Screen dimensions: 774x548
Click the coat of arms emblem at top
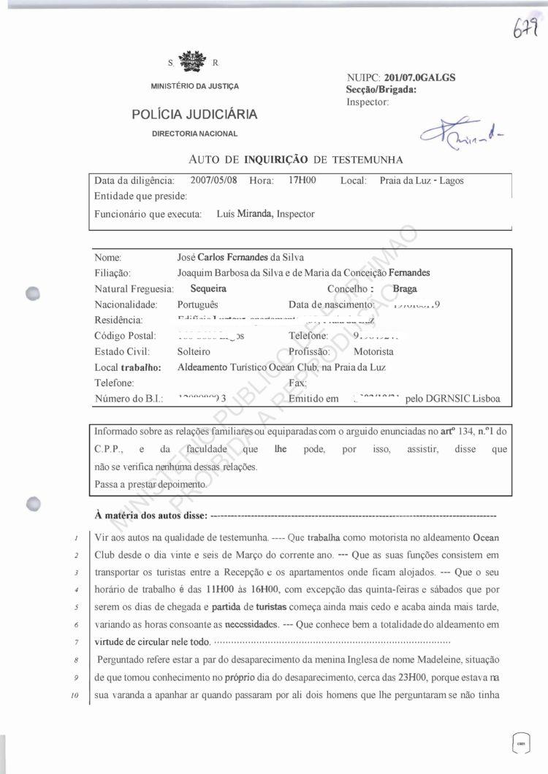(193, 61)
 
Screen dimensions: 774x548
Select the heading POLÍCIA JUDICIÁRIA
(194, 114)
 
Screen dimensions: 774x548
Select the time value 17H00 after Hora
(302, 180)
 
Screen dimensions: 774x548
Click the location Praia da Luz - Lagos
(422, 180)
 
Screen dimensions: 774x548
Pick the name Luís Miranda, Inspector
(266, 214)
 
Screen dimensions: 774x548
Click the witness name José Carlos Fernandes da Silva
(240, 257)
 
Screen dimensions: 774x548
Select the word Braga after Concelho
(405, 288)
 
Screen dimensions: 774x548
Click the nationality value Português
(197, 304)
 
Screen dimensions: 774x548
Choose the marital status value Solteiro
(194, 351)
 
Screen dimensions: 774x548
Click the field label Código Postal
(126, 336)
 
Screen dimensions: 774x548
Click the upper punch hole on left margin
(31, 291)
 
